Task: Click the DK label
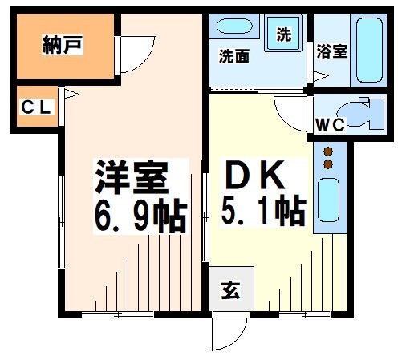click(x=256, y=175)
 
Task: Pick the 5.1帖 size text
click(x=262, y=212)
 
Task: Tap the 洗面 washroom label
click(x=234, y=57)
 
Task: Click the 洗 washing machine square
click(x=283, y=34)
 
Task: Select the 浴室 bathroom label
click(x=332, y=51)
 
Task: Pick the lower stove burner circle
click(x=328, y=164)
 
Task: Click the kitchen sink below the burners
click(x=327, y=200)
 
